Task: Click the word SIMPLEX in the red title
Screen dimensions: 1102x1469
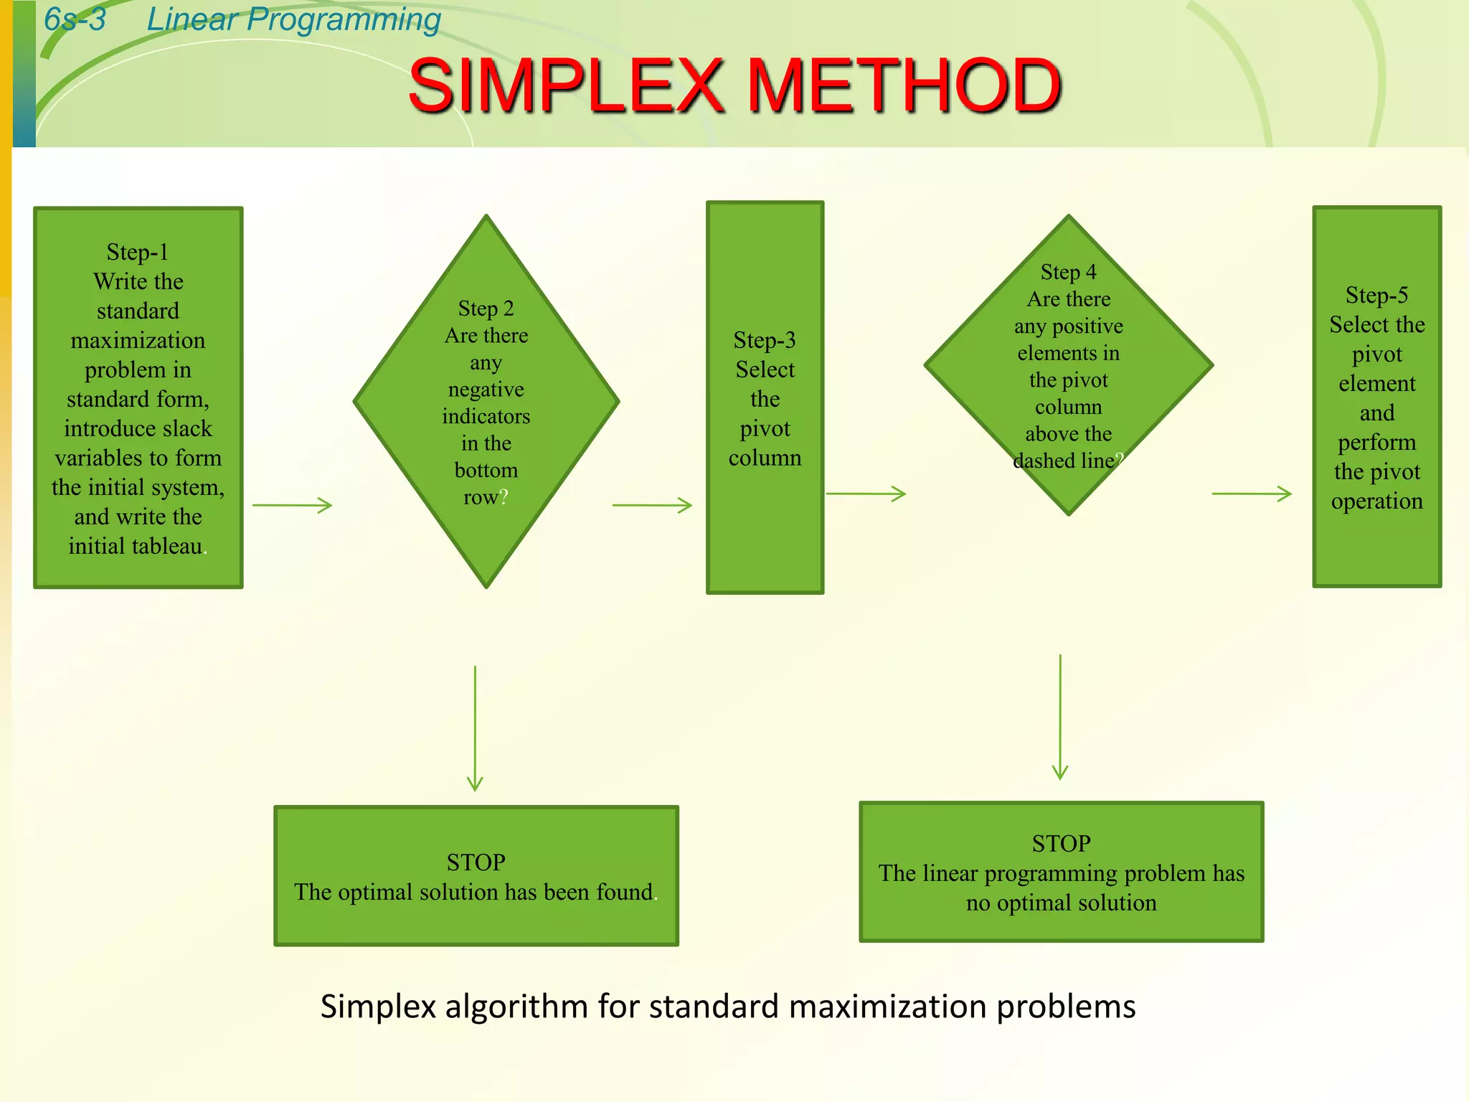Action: click(567, 86)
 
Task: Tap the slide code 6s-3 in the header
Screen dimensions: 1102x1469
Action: click(75, 19)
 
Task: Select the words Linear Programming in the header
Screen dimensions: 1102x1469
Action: click(293, 19)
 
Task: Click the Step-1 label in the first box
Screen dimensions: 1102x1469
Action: click(138, 253)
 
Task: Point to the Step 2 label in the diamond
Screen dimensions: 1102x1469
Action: click(486, 309)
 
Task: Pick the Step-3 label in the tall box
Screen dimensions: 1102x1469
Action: click(765, 340)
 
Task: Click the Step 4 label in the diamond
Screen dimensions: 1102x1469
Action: click(1068, 273)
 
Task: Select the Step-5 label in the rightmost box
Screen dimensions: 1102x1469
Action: click(1376, 296)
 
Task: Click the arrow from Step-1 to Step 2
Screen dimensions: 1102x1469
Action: click(292, 505)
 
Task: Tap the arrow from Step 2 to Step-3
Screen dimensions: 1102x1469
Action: click(652, 505)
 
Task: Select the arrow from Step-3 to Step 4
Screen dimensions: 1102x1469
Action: click(866, 494)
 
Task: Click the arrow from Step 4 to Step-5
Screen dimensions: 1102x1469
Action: click(1252, 494)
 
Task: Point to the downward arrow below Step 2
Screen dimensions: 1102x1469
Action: click(475, 728)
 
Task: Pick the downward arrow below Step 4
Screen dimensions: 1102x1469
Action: click(1060, 717)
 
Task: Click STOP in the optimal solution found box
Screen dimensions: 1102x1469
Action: click(476, 862)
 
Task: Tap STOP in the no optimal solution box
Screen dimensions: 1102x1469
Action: click(1061, 844)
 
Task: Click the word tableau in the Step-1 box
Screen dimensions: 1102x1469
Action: click(166, 547)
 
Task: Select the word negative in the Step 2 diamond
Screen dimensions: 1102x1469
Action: click(486, 390)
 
